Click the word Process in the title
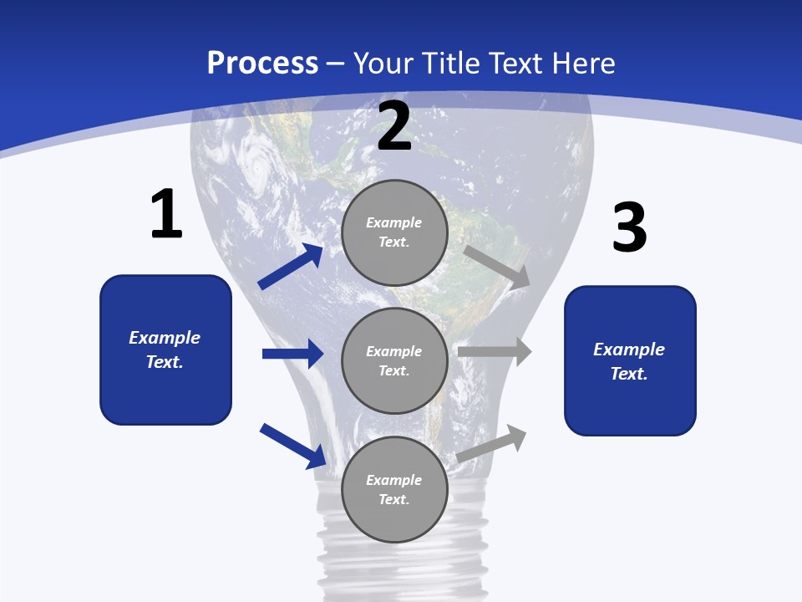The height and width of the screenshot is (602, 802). point(262,63)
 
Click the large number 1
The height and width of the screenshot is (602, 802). point(166,214)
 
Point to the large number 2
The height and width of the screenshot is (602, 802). point(394,126)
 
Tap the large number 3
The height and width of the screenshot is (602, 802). point(629,227)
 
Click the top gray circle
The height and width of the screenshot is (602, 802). point(394,232)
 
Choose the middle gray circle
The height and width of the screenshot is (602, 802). point(394,361)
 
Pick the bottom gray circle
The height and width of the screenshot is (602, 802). point(394,490)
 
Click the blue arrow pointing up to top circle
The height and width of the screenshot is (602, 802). point(290,267)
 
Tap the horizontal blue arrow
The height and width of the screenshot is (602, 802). point(292,354)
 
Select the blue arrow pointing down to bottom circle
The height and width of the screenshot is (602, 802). point(292,445)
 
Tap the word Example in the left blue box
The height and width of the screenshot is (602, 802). point(165,338)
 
